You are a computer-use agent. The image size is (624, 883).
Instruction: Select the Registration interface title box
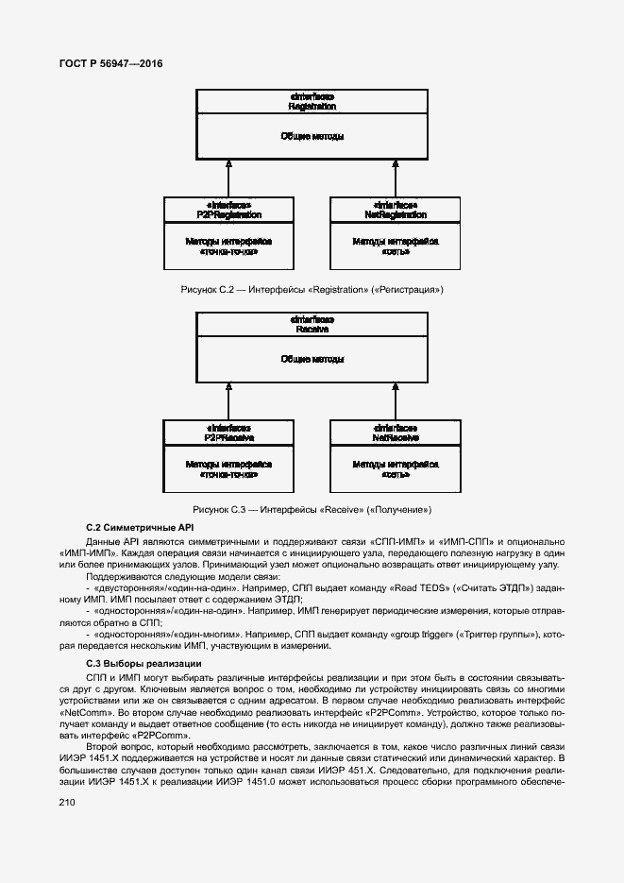312,102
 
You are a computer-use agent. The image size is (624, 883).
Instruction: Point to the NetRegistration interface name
396,214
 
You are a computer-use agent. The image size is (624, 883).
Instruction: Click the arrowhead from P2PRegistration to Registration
228,166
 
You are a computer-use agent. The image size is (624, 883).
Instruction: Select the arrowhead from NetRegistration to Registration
396,166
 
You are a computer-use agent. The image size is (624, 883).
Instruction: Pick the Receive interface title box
312,325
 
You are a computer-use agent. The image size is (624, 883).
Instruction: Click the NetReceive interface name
396,438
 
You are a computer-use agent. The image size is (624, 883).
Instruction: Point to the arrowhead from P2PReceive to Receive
228,389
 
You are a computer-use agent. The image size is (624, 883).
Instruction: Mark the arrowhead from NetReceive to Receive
396,389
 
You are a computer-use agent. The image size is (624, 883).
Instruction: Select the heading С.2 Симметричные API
139,527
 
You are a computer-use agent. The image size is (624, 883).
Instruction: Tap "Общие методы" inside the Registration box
312,137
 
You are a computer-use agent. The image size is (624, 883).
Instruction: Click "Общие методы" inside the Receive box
312,360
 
